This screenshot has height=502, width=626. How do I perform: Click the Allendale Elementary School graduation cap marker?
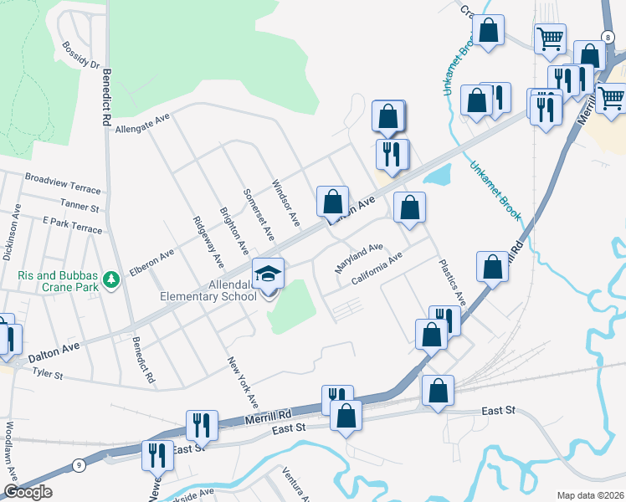269,274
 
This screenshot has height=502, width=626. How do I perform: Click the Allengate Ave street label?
143,124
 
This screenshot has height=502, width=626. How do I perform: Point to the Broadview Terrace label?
62,182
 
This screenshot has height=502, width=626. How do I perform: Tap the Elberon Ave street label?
151,262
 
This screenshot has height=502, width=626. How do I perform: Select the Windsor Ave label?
285,203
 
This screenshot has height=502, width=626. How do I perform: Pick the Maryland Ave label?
359,258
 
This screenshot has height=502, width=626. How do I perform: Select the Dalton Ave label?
54,351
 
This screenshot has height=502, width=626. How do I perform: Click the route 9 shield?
79,464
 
